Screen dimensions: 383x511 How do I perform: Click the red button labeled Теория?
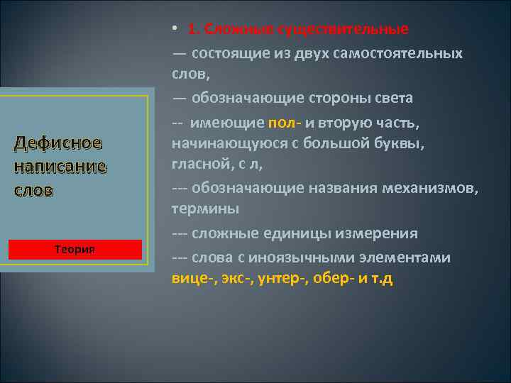75,250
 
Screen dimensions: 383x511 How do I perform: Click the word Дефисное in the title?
58,143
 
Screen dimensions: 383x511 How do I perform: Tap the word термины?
205,210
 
